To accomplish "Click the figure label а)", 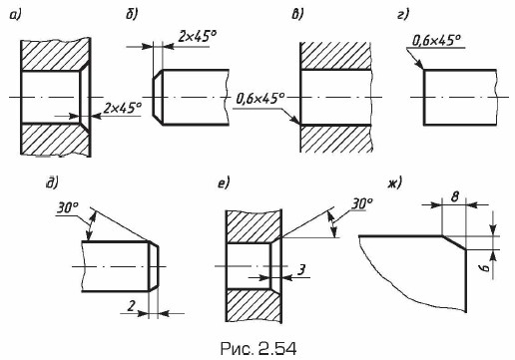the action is (15, 15).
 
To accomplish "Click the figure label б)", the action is (132, 14).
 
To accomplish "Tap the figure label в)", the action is (297, 15).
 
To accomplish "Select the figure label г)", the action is (403, 14).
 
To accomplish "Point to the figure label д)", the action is (52, 183).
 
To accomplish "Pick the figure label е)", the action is (224, 183).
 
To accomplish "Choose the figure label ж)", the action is (394, 183).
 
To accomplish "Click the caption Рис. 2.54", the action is (258, 349).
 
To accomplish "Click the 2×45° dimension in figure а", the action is (122, 108).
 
